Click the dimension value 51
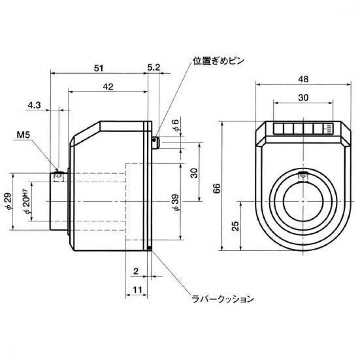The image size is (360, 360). coord(99,68)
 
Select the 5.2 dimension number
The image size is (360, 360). coord(153,67)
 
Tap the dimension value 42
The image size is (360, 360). coord(108,86)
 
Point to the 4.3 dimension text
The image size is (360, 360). coord(34,105)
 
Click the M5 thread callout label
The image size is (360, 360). coord(23,135)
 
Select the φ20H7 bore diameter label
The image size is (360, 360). coord(27,202)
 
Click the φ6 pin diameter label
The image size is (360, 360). coord(176,125)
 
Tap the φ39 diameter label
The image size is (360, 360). coord(176,202)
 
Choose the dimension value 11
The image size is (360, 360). coord(137,290)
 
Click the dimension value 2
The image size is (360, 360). coord(136,271)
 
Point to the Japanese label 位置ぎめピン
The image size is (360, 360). coord(218,61)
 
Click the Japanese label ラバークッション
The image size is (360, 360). coord(223,299)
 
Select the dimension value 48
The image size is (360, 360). coord(303,79)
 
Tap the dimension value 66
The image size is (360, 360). coord(217,188)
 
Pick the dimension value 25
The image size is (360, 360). coord(235,226)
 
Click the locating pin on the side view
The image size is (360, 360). coord(156,143)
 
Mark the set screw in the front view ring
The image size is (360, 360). coord(303,175)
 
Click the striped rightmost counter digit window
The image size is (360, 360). coord(328,129)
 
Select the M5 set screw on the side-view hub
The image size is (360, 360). coord(58,176)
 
